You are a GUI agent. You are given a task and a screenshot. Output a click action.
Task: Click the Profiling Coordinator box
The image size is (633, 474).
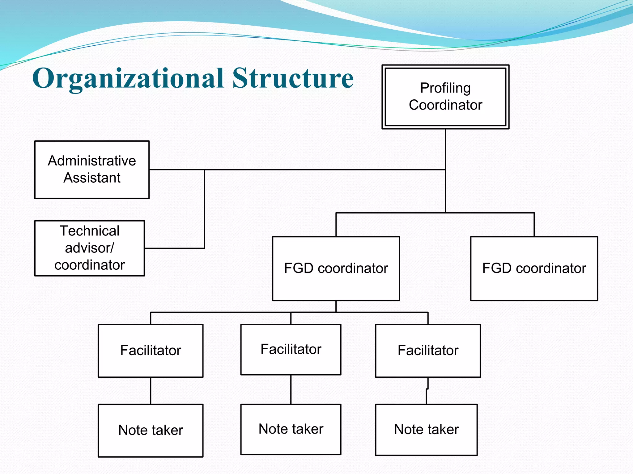(x=445, y=97)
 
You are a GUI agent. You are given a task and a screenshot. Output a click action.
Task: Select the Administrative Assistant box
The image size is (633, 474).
(x=92, y=169)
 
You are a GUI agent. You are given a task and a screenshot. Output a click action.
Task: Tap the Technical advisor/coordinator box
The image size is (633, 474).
(x=89, y=248)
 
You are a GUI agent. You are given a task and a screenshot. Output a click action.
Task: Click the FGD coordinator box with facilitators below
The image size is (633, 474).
(x=336, y=268)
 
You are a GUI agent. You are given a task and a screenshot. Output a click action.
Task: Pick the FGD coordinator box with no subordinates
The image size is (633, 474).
(x=534, y=268)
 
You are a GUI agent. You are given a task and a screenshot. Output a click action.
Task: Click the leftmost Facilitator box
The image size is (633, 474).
(x=151, y=351)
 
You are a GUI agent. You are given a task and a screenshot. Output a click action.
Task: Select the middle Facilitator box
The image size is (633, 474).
(x=291, y=349)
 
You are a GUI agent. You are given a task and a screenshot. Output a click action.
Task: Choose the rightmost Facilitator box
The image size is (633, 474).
(x=428, y=351)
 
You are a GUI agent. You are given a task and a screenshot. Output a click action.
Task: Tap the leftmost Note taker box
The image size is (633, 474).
(x=151, y=430)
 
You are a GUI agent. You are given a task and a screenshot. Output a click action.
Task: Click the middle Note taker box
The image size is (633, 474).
(x=291, y=429)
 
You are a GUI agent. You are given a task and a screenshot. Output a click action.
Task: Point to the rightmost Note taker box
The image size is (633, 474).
(x=426, y=430)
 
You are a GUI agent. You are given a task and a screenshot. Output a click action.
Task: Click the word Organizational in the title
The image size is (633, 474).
(x=128, y=78)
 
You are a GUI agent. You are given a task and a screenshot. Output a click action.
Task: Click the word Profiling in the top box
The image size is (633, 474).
(x=445, y=88)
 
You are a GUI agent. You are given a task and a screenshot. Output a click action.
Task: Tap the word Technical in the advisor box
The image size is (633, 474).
(x=90, y=231)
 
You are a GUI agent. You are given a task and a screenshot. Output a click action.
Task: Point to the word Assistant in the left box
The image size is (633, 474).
(x=92, y=178)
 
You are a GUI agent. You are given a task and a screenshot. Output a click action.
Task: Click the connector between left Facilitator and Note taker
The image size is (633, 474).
(x=151, y=390)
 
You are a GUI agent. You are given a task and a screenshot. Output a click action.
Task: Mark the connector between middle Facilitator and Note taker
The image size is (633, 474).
(x=291, y=389)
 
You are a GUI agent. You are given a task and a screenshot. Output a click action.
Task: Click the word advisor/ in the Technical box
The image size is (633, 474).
(x=90, y=248)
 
